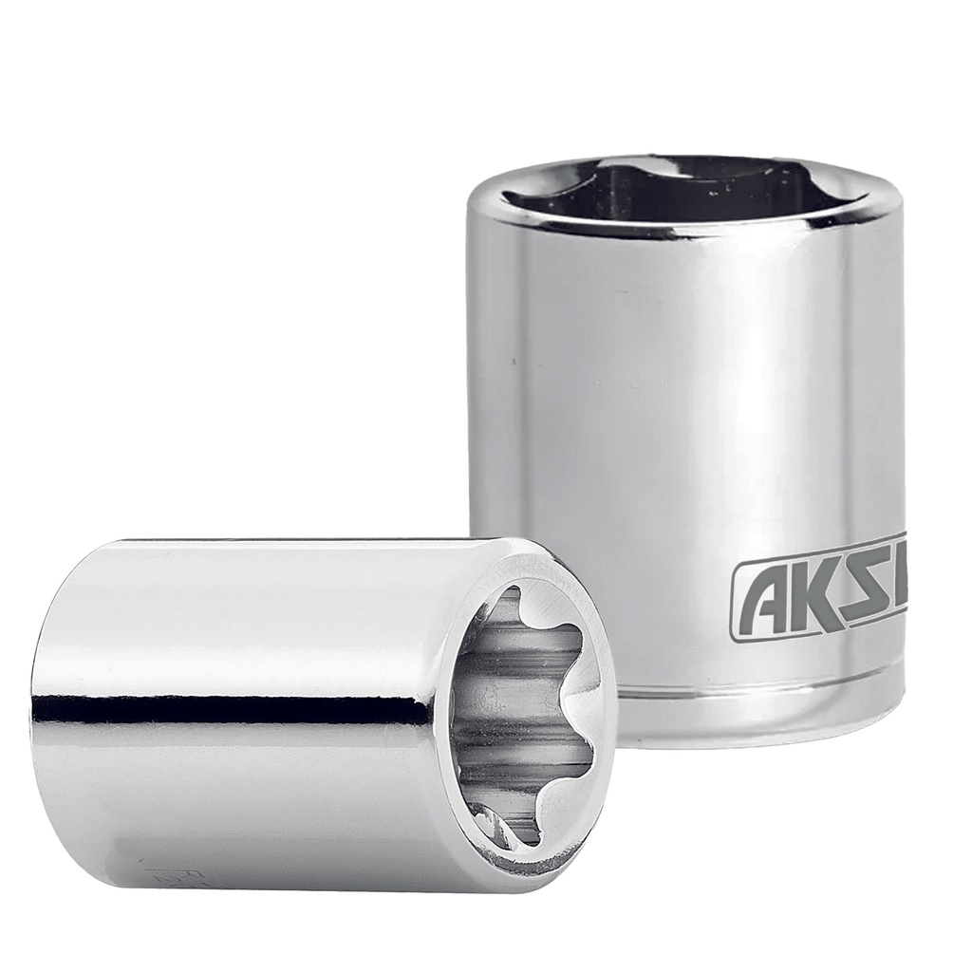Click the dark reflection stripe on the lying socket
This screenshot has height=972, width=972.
click(237, 709)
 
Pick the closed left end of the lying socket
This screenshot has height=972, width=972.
click(43, 712)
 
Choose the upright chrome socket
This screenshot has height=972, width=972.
click(683, 427)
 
